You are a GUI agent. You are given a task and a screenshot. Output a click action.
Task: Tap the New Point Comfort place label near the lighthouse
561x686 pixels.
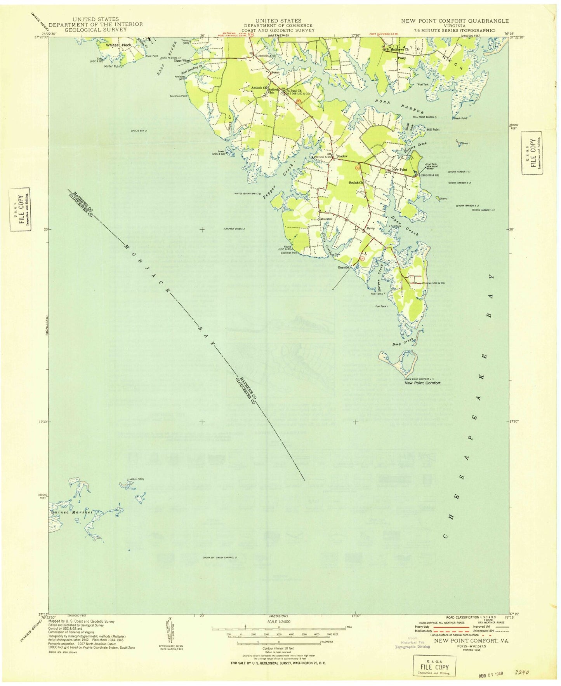click(x=422, y=383)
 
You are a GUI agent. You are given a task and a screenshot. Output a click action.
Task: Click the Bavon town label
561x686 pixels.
click(x=371, y=229)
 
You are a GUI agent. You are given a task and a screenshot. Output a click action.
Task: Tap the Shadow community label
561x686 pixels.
click(x=342, y=156)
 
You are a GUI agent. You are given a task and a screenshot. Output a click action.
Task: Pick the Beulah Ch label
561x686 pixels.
click(x=356, y=182)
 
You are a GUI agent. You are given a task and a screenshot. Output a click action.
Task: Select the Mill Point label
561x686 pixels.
click(x=433, y=130)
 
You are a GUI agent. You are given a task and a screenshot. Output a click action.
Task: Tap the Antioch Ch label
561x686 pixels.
click(x=259, y=88)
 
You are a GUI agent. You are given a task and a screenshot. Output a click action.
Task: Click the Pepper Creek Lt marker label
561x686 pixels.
click(x=236, y=229)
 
